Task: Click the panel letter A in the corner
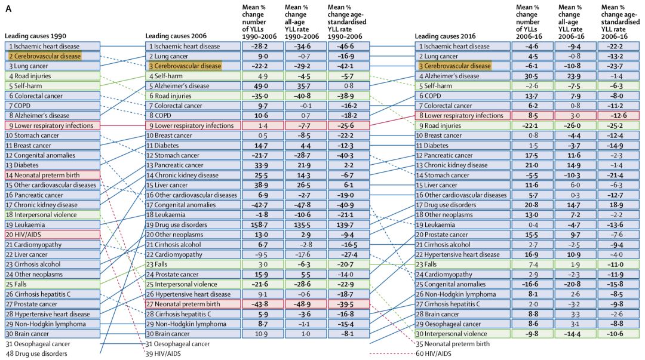pyautogui.click(x=8, y=8)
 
